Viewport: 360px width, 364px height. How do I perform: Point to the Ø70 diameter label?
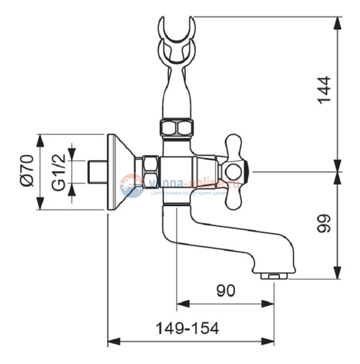pyautogui.click(x=27, y=171)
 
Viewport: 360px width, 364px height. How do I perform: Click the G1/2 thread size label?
pyautogui.click(x=59, y=171)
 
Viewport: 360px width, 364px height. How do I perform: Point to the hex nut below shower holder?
pyautogui.click(x=176, y=128)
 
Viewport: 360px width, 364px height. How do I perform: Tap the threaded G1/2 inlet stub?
pyautogui.click(x=97, y=171)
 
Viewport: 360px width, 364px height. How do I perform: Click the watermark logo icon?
pyautogui.click(x=132, y=185)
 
